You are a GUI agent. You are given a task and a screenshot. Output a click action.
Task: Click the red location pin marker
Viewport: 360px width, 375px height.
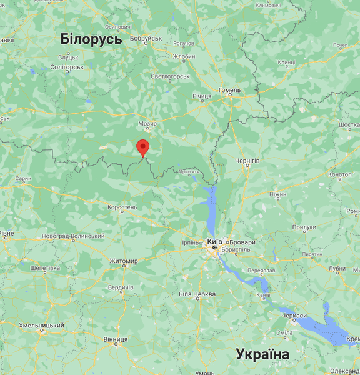click(143, 148)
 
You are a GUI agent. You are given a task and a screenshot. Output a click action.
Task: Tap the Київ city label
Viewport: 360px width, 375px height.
click(214, 241)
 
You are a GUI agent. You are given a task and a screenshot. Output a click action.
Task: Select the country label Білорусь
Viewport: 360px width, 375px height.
click(91, 39)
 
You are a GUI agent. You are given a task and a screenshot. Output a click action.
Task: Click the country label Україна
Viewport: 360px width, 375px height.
click(262, 355)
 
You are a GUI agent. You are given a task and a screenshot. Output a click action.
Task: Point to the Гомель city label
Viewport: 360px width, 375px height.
click(229, 90)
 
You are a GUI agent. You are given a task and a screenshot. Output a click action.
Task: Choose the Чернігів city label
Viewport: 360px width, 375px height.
click(247, 161)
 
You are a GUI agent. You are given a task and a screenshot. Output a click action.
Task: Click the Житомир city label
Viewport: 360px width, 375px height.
click(123, 261)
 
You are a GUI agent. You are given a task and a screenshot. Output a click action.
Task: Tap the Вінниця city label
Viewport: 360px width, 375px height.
click(115, 339)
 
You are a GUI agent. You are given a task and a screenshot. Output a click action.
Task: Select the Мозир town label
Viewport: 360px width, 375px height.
click(147, 124)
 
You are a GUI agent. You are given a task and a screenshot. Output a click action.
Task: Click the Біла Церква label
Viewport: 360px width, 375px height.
click(197, 294)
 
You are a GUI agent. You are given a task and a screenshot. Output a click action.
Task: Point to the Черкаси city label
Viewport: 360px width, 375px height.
click(294, 316)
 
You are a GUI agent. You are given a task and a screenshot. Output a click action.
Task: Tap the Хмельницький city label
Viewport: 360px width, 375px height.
click(41, 326)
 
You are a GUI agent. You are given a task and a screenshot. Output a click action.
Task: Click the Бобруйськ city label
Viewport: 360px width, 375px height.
click(146, 39)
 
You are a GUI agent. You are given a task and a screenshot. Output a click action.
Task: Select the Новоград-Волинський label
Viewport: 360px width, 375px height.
click(72, 236)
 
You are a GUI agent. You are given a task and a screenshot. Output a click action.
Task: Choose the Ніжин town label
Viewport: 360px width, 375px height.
click(277, 194)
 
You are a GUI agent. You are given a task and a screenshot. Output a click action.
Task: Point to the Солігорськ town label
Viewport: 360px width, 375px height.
click(66, 67)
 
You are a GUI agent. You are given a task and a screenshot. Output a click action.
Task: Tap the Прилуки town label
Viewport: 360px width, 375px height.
click(304, 227)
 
